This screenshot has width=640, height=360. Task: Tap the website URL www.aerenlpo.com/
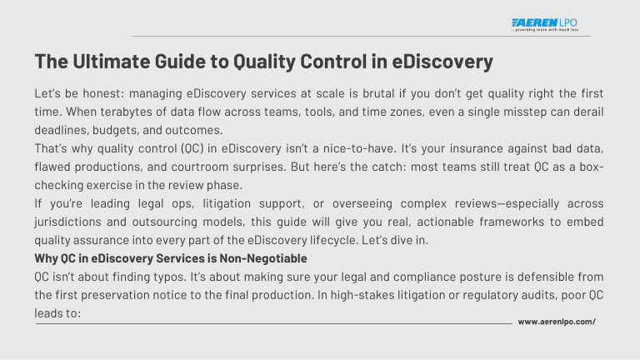point(557,321)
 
